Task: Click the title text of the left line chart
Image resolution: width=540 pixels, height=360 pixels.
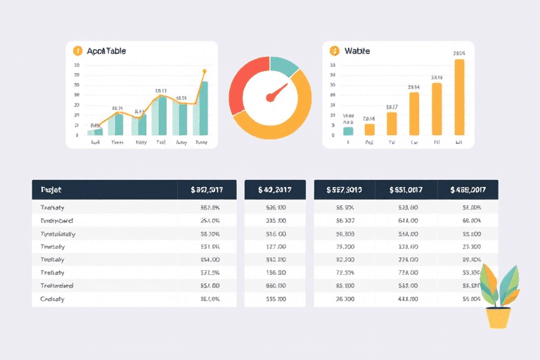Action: (106, 51)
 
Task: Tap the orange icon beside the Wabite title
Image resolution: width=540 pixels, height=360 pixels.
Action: (334, 51)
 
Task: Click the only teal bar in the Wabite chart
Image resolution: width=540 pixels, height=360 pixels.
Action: (348, 131)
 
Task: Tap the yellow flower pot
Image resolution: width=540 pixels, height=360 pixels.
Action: (499, 318)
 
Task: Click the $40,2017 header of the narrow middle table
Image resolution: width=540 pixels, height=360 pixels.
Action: (274, 190)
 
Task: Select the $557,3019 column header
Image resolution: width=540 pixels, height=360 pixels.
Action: (344, 190)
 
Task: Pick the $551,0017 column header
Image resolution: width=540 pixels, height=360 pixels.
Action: (406, 190)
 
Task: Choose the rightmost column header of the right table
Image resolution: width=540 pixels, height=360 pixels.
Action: (468, 190)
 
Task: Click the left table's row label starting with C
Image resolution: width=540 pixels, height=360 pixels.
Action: (53, 299)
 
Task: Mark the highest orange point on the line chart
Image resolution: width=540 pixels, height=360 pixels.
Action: (205, 71)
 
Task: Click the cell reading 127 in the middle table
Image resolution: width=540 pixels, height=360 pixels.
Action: (275, 246)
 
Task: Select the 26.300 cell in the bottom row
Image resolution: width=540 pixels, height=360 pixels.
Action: (345, 299)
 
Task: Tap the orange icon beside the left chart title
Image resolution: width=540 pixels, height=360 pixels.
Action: (77, 51)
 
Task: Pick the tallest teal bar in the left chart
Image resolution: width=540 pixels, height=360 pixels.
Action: (203, 108)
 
